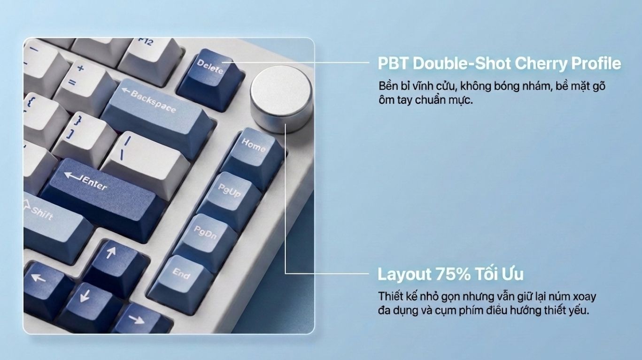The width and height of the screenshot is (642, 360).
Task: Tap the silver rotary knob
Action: [x=281, y=99]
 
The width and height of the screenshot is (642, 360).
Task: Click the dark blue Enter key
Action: [x=101, y=198]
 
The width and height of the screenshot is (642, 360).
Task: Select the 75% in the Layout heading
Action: [x=453, y=274]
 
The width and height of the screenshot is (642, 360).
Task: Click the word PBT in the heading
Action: [x=393, y=63]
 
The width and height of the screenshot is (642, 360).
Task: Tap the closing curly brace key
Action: [x=83, y=138]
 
